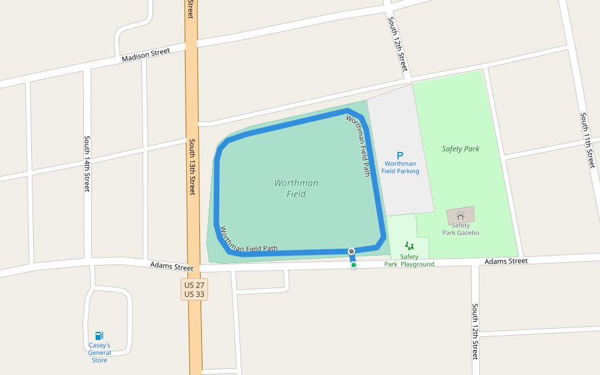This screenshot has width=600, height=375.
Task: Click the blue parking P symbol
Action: click(400, 156)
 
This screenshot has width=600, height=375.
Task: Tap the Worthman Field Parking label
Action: click(400, 167)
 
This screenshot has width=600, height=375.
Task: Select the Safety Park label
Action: click(461, 149)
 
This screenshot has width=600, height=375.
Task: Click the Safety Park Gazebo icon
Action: click(460, 215)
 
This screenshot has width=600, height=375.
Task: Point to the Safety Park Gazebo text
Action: click(461, 229)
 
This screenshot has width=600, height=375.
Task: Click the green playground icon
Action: click(409, 246)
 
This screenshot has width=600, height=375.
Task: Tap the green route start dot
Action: click(354, 265)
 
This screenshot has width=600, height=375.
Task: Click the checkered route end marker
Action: click(351, 251)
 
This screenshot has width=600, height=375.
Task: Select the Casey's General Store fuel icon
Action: click(99, 336)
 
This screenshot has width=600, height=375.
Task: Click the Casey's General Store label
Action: click(99, 352)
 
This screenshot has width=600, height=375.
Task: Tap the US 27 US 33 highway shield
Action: click(194, 289)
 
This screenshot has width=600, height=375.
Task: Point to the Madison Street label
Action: click(146, 55)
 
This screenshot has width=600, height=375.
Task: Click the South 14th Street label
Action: click(87, 164)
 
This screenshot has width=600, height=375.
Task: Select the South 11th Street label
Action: click(587, 140)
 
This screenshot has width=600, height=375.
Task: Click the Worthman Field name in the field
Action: click(296, 188)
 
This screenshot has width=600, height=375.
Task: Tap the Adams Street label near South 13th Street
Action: click(172, 266)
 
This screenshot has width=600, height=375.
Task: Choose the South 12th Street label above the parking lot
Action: click(398, 44)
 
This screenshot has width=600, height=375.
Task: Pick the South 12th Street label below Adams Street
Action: click(475, 331)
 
